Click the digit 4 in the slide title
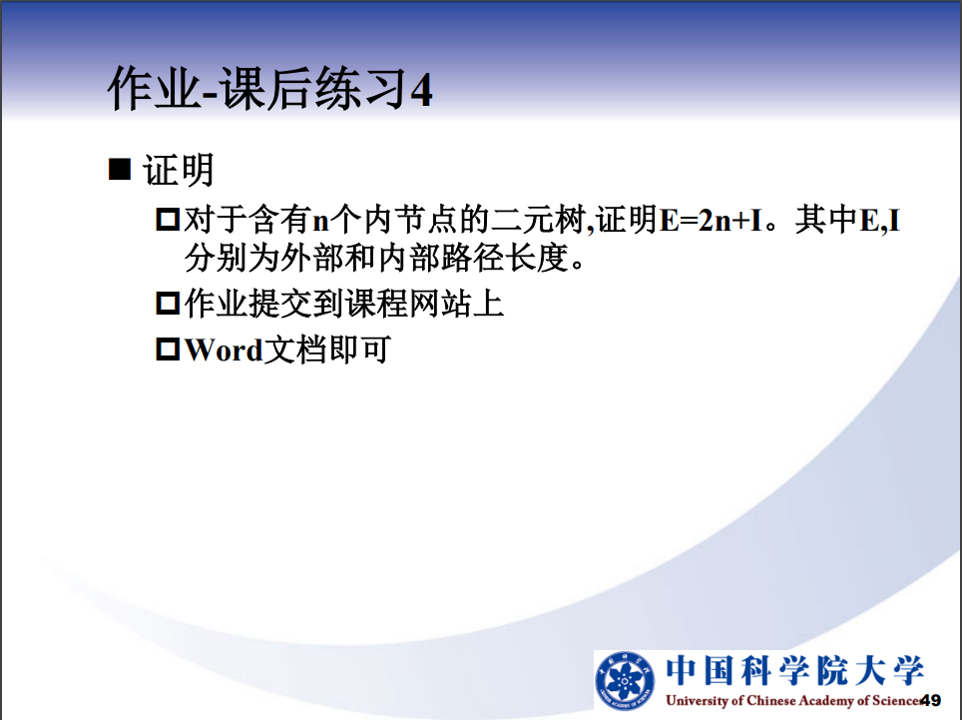click(421, 90)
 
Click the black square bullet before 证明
click(120, 169)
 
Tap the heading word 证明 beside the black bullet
click(178, 170)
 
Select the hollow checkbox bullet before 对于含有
click(168, 219)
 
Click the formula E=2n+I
click(712, 220)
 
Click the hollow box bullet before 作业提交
click(168, 304)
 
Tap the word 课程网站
click(408, 304)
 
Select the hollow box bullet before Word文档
click(168, 350)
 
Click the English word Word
click(224, 351)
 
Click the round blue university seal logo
click(625, 681)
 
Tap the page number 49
click(930, 700)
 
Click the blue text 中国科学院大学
click(794, 670)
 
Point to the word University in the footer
click(697, 700)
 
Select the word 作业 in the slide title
click(155, 90)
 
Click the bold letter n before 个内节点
click(321, 222)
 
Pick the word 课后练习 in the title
click(313, 90)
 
